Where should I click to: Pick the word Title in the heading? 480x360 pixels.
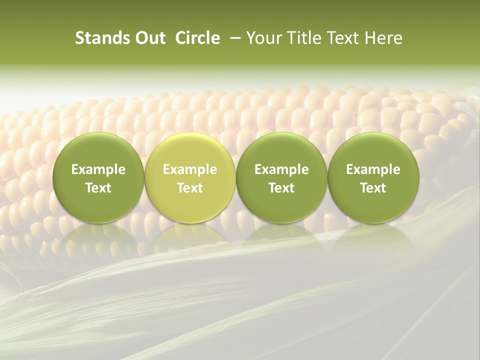(300, 38)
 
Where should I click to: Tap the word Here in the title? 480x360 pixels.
(382, 38)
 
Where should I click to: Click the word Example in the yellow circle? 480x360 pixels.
(190, 169)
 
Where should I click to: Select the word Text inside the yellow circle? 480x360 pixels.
(190, 188)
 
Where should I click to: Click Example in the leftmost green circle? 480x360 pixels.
(98, 169)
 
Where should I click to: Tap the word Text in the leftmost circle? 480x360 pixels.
(98, 188)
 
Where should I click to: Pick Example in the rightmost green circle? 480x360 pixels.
(373, 169)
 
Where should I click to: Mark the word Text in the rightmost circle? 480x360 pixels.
(373, 188)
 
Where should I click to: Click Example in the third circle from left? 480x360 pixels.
(281, 169)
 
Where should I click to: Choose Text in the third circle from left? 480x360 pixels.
(281, 188)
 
